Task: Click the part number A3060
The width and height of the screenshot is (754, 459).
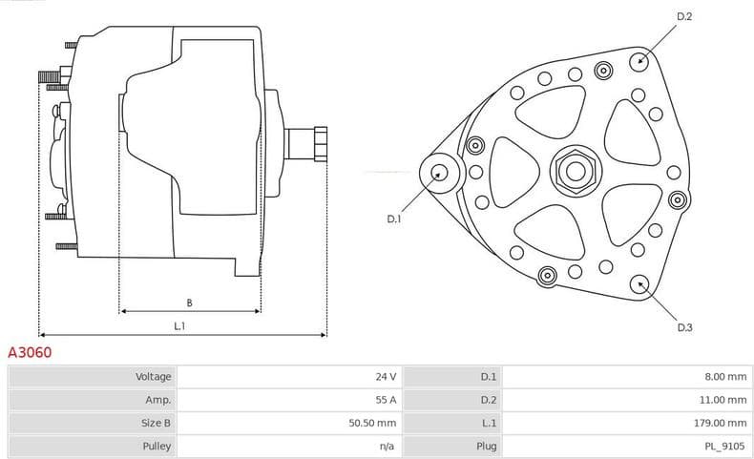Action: pyautogui.click(x=31, y=353)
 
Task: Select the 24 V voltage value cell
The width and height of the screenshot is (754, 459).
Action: pyautogui.click(x=386, y=377)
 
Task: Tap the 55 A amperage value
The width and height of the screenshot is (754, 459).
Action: pyautogui.click(x=386, y=400)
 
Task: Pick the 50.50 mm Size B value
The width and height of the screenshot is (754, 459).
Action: pyautogui.click(x=373, y=423)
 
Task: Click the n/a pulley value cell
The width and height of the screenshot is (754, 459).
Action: pyautogui.click(x=387, y=446)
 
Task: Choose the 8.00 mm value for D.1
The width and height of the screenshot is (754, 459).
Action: pyautogui.click(x=726, y=377)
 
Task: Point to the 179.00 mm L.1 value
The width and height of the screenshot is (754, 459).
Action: pyautogui.click(x=723, y=423)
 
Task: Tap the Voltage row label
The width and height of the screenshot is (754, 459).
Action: pyautogui.click(x=154, y=377)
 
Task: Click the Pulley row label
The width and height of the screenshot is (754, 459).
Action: pyautogui.click(x=157, y=446)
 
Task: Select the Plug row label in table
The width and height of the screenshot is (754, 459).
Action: pyautogui.click(x=487, y=446)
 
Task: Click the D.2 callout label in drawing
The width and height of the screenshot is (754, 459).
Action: pyautogui.click(x=684, y=17)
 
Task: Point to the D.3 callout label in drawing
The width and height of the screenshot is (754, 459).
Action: pyautogui.click(x=684, y=327)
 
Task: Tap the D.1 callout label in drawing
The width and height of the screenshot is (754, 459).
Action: pyautogui.click(x=394, y=219)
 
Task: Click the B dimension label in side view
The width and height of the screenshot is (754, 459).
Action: pyautogui.click(x=189, y=303)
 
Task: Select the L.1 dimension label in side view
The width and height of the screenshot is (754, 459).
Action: pyautogui.click(x=179, y=326)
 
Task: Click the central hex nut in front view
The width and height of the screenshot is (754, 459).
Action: pyautogui.click(x=575, y=171)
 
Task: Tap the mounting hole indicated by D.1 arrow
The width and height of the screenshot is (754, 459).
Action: pyautogui.click(x=439, y=173)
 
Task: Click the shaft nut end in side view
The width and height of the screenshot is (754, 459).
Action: pyautogui.click(x=320, y=145)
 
